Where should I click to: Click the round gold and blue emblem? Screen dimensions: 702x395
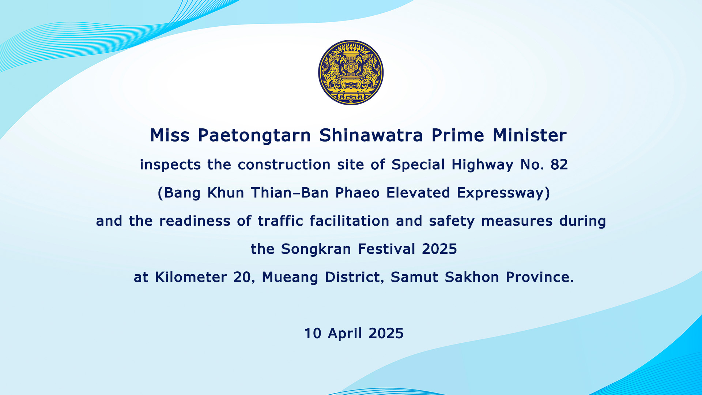pos(351,72)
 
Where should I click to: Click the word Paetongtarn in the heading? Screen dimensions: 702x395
pos(254,136)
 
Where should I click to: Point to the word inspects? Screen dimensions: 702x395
pos(170,165)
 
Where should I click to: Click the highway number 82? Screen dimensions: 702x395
pos(559,165)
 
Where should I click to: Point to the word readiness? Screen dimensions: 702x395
pos(195,221)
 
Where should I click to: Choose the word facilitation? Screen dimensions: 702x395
pos(349,221)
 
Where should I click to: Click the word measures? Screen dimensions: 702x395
pos(517,221)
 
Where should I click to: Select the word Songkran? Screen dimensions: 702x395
pos(316,249)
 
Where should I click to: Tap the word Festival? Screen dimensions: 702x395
pos(386,249)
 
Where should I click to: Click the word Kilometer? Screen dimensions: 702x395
pos(191,277)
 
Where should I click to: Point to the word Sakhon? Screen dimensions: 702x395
pos(472,277)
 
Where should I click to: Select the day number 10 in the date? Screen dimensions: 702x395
pos(313,334)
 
